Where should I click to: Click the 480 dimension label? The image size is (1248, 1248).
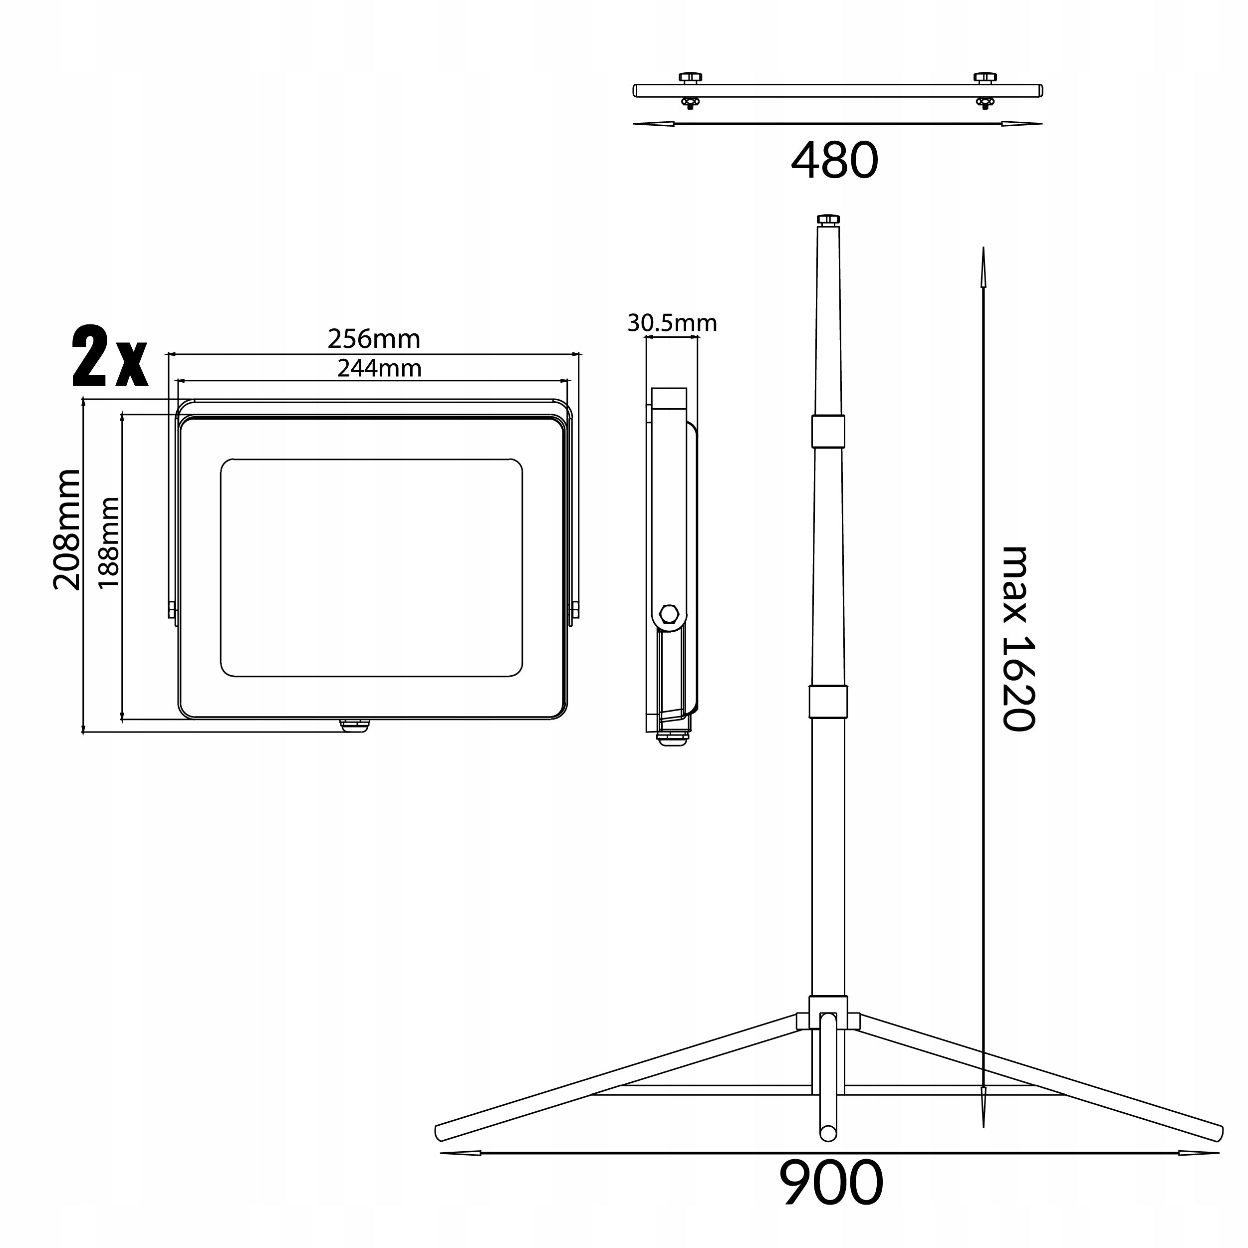[x=835, y=161]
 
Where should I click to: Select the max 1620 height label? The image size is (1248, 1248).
[x=1018, y=638]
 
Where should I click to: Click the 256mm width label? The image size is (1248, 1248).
[x=374, y=338]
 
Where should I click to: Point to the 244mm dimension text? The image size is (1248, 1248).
[x=379, y=368]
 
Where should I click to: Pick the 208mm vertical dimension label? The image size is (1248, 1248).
[x=66, y=530]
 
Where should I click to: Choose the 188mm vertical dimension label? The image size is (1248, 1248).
[x=108, y=542]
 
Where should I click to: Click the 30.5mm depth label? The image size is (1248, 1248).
[x=672, y=323]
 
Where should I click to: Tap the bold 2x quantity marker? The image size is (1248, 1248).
[x=110, y=357]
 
